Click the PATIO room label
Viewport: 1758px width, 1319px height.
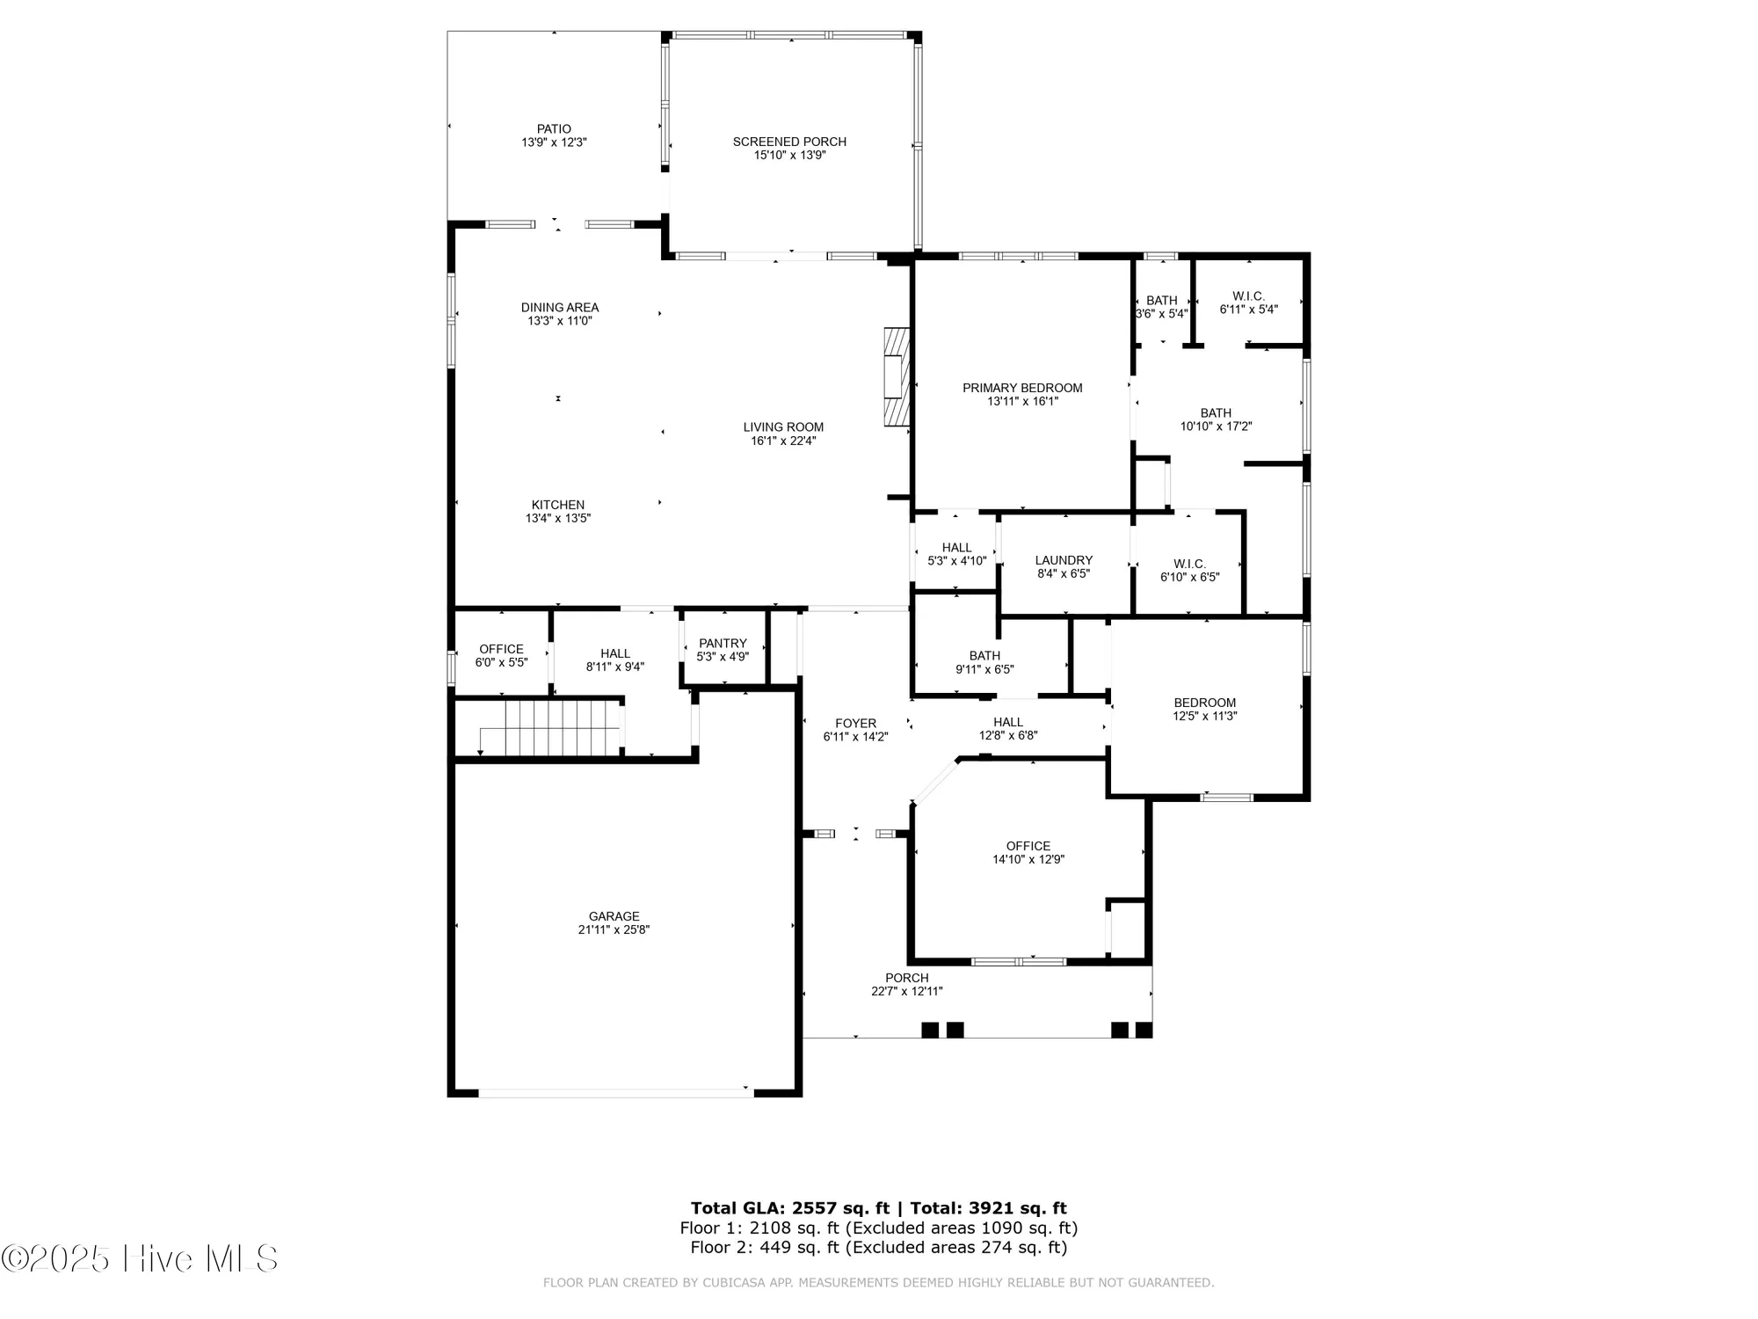click(x=554, y=129)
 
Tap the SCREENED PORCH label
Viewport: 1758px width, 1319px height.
click(x=789, y=142)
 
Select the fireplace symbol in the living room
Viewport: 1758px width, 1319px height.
click(x=896, y=377)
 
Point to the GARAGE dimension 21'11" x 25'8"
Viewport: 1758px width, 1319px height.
click(x=614, y=929)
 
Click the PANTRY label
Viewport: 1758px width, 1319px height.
click(x=723, y=644)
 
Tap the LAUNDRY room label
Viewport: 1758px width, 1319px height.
click(x=1064, y=560)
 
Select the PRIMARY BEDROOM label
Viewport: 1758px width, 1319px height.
click(x=1022, y=388)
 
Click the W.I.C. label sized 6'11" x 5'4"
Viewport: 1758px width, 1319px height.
click(x=1248, y=296)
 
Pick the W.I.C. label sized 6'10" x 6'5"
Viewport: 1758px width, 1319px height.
click(x=1189, y=564)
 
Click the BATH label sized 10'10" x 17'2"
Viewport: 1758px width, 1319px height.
click(x=1216, y=413)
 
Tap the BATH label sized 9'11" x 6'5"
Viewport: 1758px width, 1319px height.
click(x=984, y=656)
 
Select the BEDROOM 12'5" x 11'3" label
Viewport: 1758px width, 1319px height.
click(x=1204, y=703)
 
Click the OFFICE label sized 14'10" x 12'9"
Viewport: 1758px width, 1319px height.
click(x=1028, y=846)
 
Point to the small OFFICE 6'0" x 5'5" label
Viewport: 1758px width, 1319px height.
click(x=501, y=649)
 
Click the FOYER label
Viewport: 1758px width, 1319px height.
click(x=855, y=724)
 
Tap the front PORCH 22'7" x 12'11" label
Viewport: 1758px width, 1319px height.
click(x=906, y=978)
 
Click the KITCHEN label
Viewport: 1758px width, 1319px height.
click(x=557, y=505)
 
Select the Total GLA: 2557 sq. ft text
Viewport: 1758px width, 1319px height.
click(x=789, y=1208)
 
